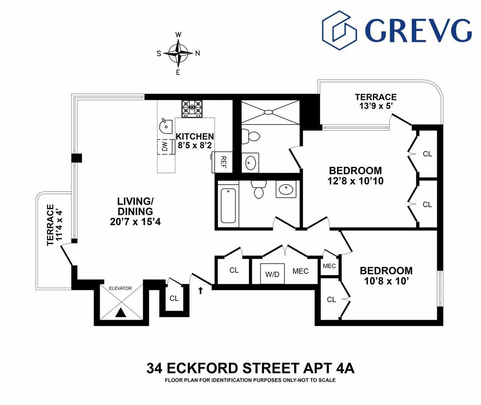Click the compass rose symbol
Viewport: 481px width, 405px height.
pyautogui.click(x=178, y=53)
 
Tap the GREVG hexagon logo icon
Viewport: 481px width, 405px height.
pyautogui.click(x=339, y=30)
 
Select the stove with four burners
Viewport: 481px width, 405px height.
pyautogui.click(x=192, y=109)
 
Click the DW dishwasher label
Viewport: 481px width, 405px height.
pyautogui.click(x=165, y=147)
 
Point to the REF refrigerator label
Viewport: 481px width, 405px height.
pyautogui.click(x=223, y=162)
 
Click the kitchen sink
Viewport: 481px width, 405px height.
pyautogui.click(x=165, y=126)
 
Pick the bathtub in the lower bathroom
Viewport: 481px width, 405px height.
pyautogui.click(x=228, y=205)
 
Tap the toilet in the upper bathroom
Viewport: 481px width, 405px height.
pyautogui.click(x=251, y=136)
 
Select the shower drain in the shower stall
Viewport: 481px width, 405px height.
pyautogui.click(x=268, y=112)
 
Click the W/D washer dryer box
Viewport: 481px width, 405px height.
pyautogui.click(x=272, y=274)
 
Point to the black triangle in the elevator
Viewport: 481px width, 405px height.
pyautogui.click(x=120, y=313)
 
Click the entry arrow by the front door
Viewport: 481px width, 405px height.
pyautogui.click(x=200, y=290)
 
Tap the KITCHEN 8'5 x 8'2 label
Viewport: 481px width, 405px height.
pyautogui.click(x=195, y=141)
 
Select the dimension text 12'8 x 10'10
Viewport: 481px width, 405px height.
pyautogui.click(x=355, y=181)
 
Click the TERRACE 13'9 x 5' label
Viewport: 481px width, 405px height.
pyautogui.click(x=376, y=101)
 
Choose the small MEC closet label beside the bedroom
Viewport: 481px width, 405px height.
pyautogui.click(x=329, y=266)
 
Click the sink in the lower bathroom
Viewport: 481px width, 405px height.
pyautogui.click(x=286, y=189)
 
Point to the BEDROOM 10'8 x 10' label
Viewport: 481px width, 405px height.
pyautogui.click(x=386, y=276)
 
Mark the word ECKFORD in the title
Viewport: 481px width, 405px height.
pyautogui.click(x=203, y=368)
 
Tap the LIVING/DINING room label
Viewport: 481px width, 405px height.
pyautogui.click(x=135, y=211)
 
